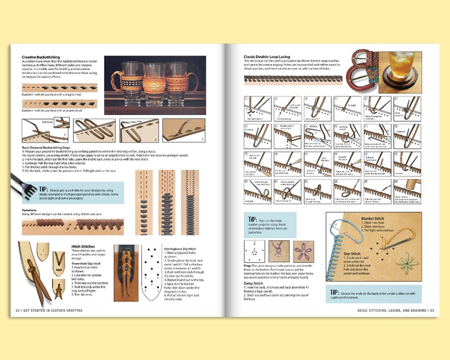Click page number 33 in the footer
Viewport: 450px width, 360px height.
coord(430,310)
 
